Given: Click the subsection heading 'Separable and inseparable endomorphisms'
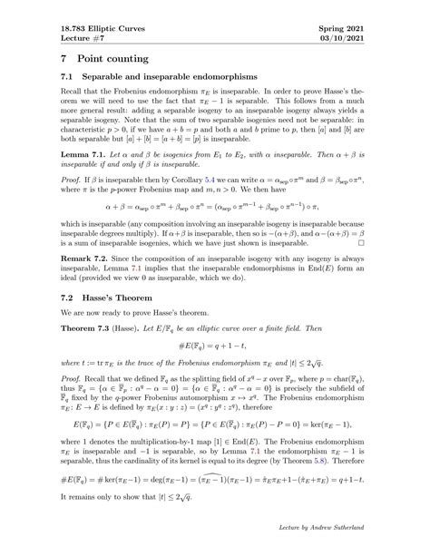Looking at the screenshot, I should point(160,79).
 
